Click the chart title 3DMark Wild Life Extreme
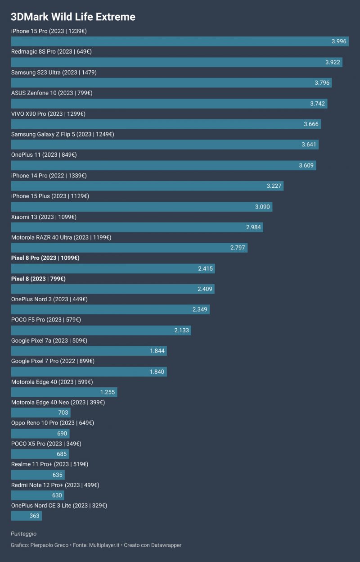pos(73,17)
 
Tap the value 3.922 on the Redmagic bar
pos(333,62)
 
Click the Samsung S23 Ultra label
pos(54,73)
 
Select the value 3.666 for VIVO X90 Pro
pos(311,124)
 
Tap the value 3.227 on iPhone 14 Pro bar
pos(274,186)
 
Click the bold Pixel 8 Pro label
pos(45,258)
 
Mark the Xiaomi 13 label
pos(44,217)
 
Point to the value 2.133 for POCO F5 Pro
pos(181,331)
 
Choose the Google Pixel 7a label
pos(49,341)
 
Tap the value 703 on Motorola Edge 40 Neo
pos(63,412)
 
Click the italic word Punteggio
pos(23,534)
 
